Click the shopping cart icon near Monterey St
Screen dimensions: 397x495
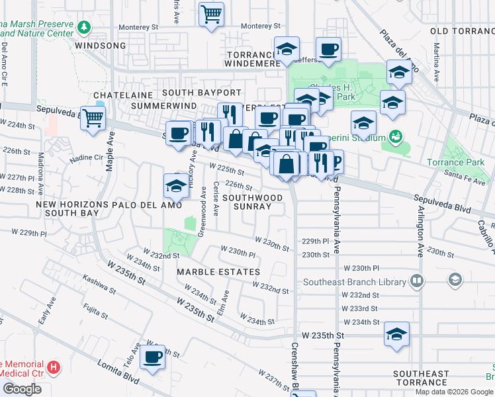211,14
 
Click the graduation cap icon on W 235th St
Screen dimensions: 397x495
396,334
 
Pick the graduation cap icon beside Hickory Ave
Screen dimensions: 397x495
176,187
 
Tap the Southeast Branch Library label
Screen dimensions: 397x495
355,282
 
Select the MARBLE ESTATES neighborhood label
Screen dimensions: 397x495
218,272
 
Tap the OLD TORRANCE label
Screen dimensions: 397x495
461,31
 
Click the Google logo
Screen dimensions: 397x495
21,389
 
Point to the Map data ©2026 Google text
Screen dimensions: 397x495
453,392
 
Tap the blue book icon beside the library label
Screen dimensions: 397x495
416,282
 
